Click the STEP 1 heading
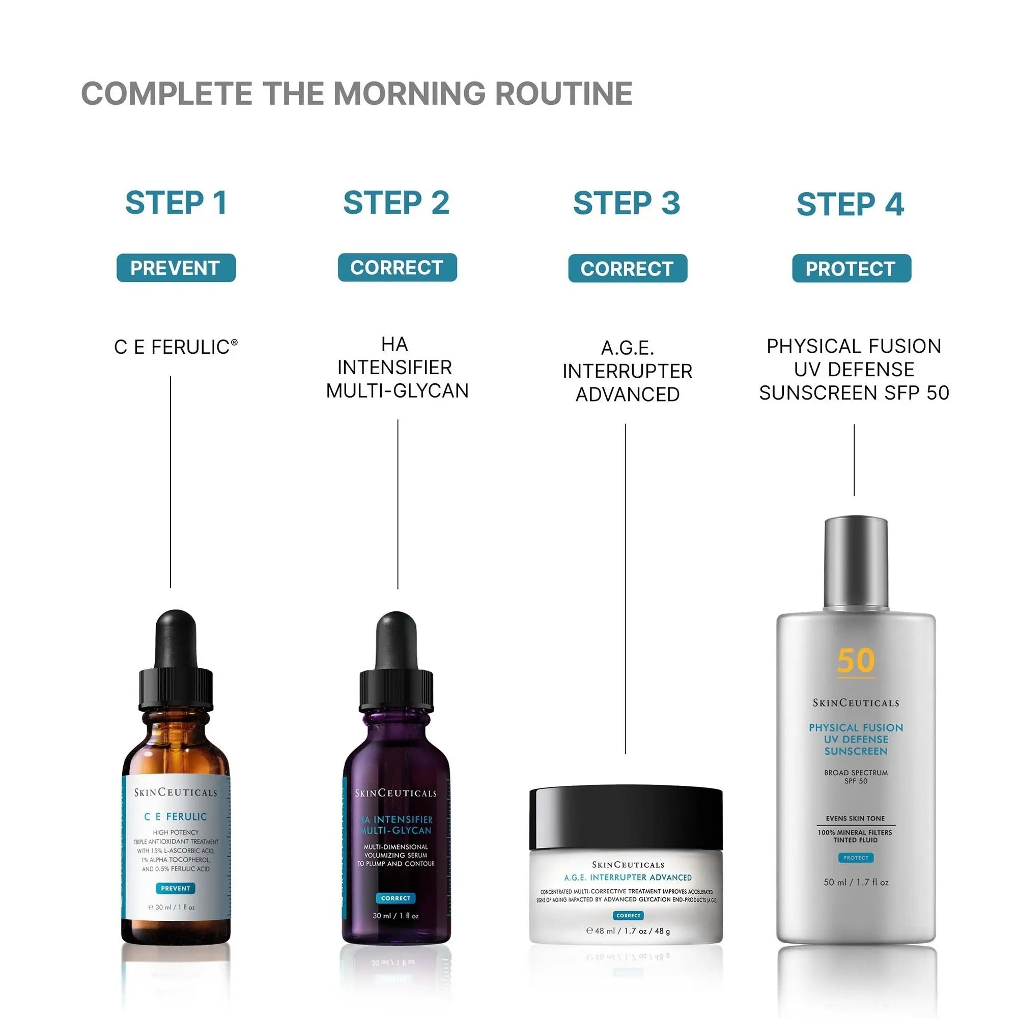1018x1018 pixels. point(176,203)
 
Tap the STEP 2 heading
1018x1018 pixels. point(396,203)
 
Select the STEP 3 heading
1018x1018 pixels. point(627,204)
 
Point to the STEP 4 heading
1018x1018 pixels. point(851,205)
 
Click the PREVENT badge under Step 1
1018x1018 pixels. point(176,268)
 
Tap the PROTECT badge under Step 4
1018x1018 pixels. point(851,268)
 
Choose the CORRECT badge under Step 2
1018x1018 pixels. point(397,268)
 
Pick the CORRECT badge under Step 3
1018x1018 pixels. point(627,268)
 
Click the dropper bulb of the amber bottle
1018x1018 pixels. point(177,640)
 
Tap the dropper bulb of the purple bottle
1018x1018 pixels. point(396,641)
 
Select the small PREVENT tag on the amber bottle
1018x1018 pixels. point(176,888)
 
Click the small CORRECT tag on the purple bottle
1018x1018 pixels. point(395,898)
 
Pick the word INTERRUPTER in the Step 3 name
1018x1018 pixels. point(627,372)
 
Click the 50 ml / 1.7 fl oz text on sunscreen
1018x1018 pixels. point(856,882)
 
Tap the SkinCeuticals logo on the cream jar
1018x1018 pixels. point(628,865)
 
